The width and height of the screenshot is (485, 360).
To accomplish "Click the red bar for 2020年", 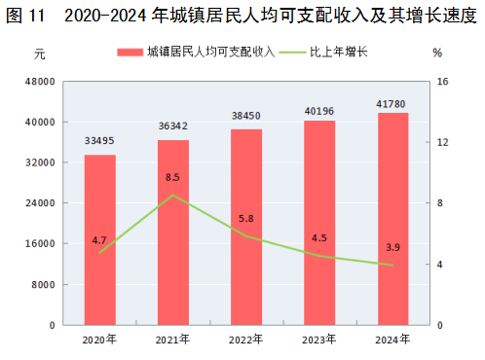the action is click(x=100, y=239).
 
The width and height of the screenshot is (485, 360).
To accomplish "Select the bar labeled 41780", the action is click(x=392, y=219).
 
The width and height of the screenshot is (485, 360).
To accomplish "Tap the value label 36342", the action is click(x=173, y=126).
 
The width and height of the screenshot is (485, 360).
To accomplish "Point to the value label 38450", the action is click(x=246, y=116).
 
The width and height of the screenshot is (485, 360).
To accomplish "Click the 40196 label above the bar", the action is click(x=319, y=111).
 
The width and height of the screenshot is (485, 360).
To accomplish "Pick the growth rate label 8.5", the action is click(x=172, y=177).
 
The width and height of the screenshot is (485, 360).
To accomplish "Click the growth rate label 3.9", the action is click(x=392, y=247).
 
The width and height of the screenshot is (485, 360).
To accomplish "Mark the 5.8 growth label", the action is click(x=246, y=219).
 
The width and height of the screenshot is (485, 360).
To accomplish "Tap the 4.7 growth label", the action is click(x=99, y=240).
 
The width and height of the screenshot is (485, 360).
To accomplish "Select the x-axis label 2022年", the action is click(x=245, y=340).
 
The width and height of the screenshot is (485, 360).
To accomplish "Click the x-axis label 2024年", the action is click(x=392, y=340).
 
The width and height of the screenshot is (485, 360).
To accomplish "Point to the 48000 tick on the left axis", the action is click(x=40, y=82).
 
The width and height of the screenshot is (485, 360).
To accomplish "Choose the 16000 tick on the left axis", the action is click(x=40, y=243).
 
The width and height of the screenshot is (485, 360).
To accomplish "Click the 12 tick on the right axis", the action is click(x=442, y=142).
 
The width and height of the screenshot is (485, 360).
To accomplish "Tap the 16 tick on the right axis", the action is click(x=442, y=82).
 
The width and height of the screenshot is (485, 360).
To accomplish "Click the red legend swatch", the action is click(x=131, y=53).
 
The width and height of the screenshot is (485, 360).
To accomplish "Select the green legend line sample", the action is click(x=292, y=53).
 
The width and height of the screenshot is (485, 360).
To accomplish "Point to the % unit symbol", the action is click(x=437, y=53).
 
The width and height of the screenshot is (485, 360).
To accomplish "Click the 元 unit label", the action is click(x=40, y=54).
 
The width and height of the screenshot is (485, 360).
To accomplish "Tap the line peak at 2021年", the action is click(x=173, y=195).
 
